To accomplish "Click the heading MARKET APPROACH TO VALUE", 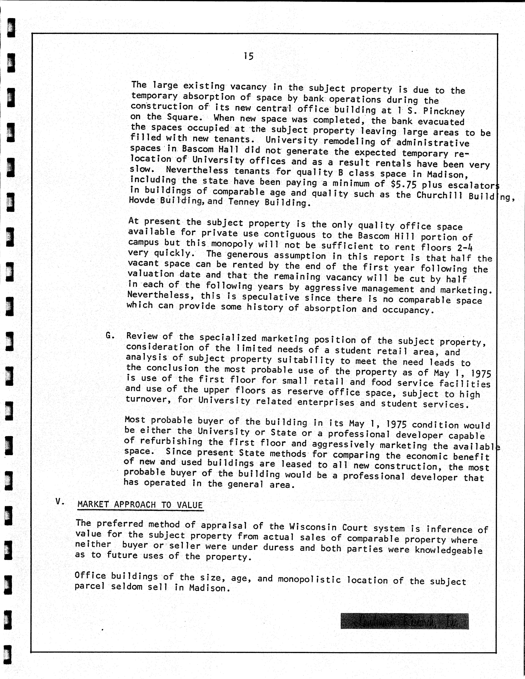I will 140,505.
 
